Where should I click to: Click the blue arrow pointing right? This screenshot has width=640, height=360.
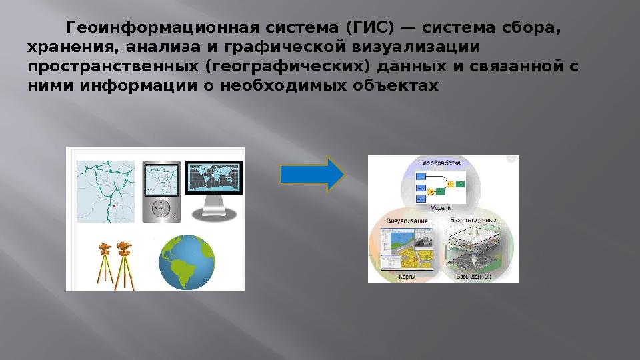(x=311, y=175)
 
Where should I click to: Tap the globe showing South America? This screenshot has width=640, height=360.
(x=187, y=262)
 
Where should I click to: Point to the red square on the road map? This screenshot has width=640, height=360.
(x=114, y=207)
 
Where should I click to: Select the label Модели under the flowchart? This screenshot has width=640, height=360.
(x=441, y=208)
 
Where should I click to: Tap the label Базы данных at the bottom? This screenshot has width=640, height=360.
(x=473, y=275)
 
